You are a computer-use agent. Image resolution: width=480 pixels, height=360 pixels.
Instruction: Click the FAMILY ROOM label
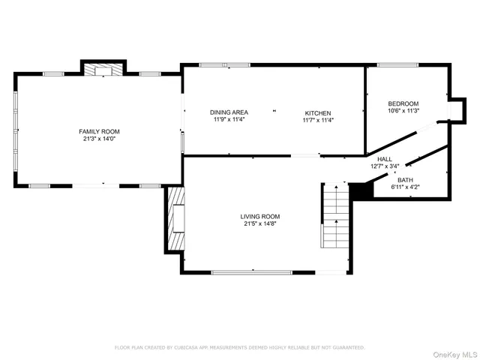(x=99, y=131)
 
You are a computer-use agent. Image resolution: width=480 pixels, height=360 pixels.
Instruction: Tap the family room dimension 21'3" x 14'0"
(x=99, y=139)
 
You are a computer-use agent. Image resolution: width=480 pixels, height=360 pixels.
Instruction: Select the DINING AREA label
(x=229, y=112)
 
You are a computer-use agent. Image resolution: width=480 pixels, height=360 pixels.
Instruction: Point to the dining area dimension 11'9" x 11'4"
(x=229, y=119)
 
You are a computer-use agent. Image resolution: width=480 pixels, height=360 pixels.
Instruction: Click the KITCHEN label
(x=318, y=112)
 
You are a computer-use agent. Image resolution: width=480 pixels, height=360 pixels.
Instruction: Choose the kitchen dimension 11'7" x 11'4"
(x=318, y=119)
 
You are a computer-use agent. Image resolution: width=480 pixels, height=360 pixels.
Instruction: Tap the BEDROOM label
(x=403, y=103)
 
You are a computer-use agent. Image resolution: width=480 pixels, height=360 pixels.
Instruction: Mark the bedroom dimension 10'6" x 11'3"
(x=403, y=111)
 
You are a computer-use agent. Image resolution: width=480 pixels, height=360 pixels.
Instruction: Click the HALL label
(x=384, y=159)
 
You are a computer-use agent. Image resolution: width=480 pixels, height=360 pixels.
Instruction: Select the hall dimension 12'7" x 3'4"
(x=384, y=166)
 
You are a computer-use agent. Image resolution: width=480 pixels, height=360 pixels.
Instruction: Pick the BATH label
(x=405, y=180)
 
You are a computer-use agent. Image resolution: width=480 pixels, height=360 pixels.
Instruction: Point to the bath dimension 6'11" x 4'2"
(x=405, y=187)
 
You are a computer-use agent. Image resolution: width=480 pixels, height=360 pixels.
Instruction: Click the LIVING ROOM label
(x=261, y=216)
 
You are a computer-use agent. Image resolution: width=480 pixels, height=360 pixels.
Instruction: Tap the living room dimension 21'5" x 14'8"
(x=261, y=223)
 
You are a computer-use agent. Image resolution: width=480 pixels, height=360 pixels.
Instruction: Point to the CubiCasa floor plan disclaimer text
(x=239, y=347)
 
